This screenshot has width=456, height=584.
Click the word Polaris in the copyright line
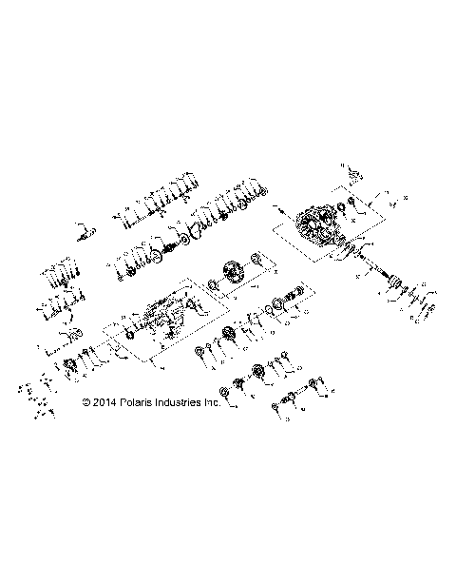point(138,403)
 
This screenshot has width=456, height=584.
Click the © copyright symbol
point(86,403)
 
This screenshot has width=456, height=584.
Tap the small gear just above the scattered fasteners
point(70,366)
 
